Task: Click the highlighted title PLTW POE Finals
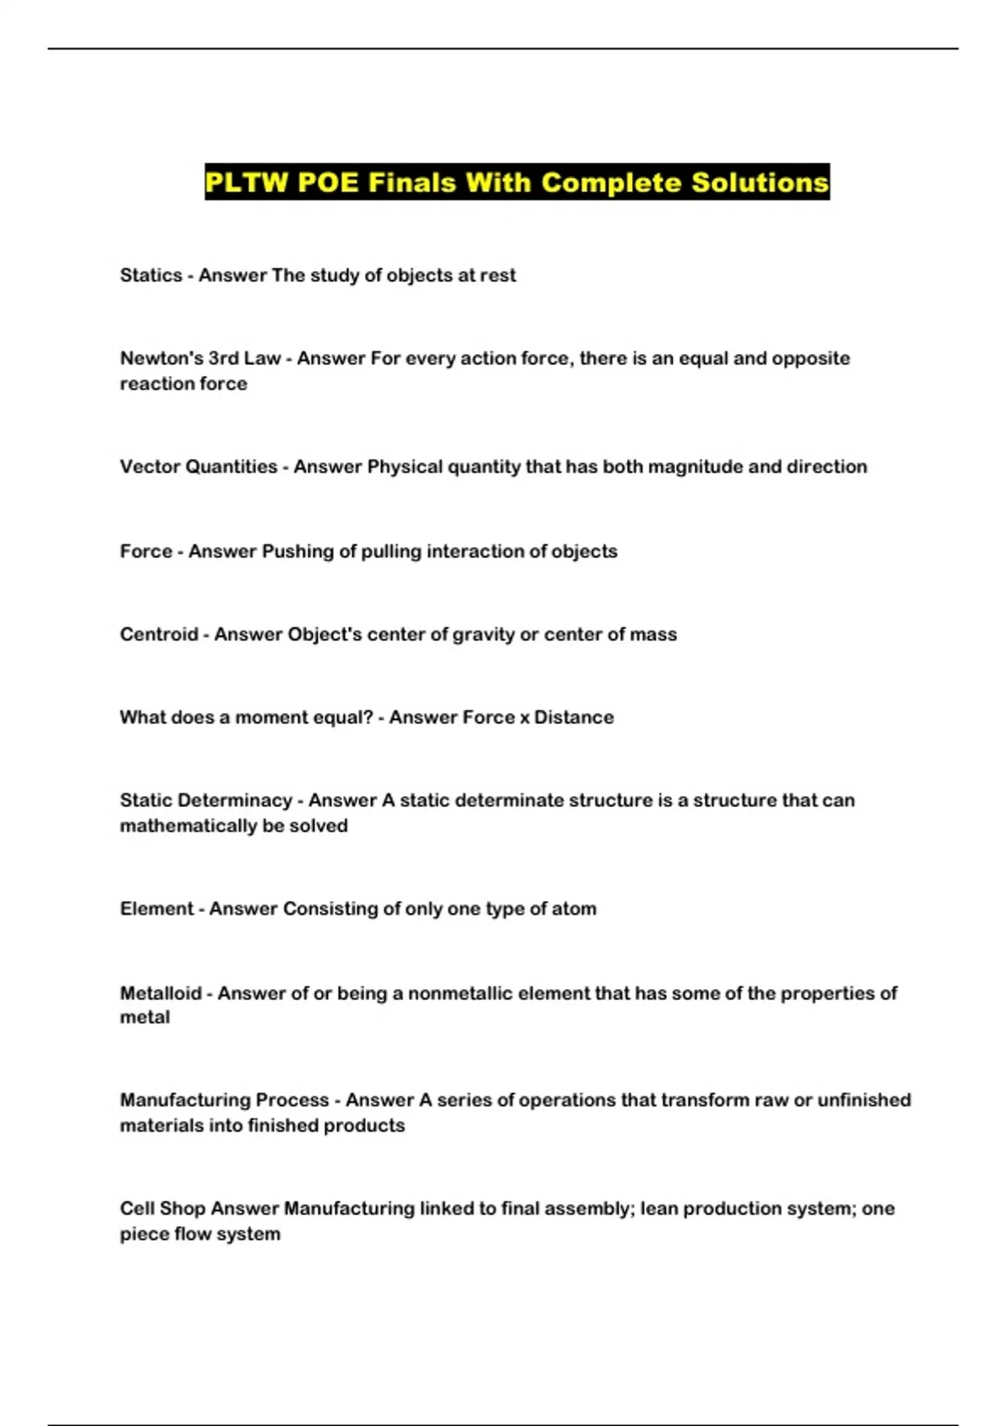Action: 517,182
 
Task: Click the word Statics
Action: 151,275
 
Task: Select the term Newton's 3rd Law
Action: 200,358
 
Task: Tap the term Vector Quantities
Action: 198,466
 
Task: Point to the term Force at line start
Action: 146,551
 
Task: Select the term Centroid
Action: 159,634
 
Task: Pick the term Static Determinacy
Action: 206,800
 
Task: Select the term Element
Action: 157,908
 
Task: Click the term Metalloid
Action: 160,993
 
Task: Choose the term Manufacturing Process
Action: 224,1100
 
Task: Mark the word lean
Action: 659,1208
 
